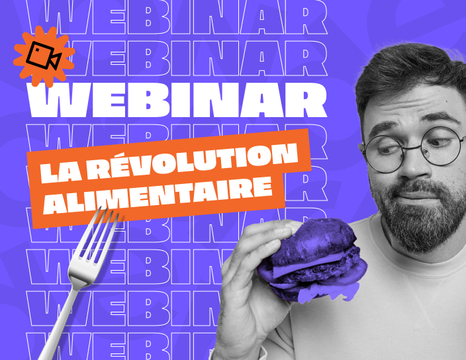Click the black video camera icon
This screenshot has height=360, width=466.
pos(44,56)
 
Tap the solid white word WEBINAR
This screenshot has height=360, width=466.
pos(177,100)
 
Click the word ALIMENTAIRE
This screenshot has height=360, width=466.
pos(158,196)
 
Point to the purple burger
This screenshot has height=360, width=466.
pos(312,259)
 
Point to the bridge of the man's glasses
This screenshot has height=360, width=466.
pos(412,148)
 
